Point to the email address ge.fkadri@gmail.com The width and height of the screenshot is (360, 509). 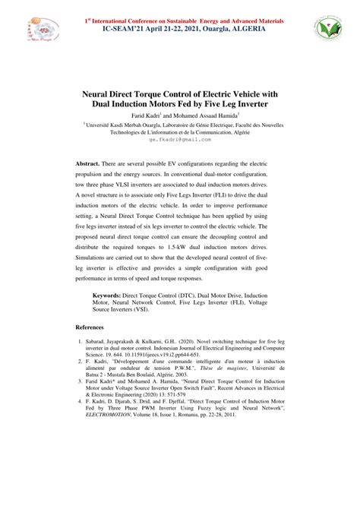180,140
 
